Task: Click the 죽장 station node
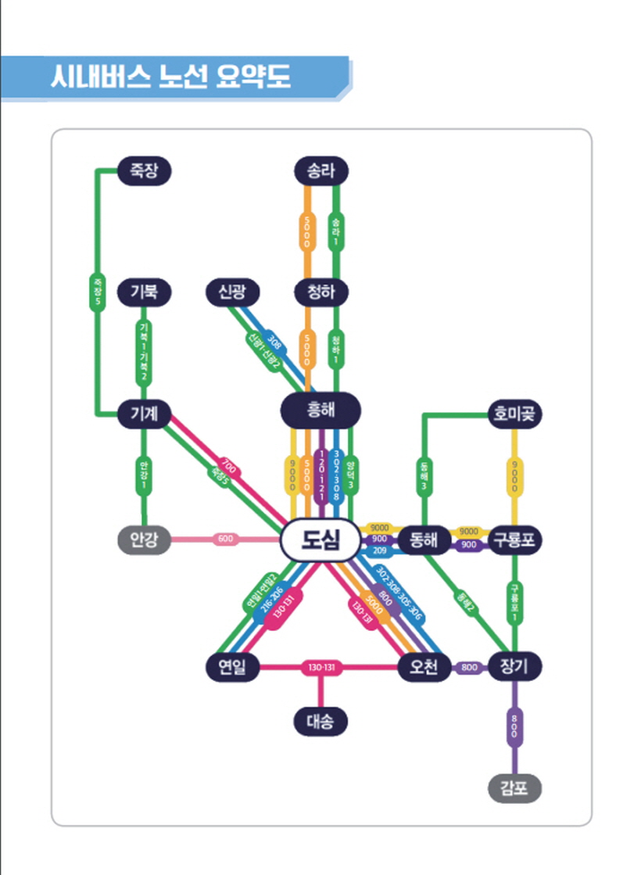(x=144, y=170)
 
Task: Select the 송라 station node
(x=321, y=170)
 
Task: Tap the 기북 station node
(x=144, y=292)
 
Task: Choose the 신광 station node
(x=232, y=292)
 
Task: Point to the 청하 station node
(x=321, y=292)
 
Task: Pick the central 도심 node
(x=320, y=540)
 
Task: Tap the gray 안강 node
(x=144, y=540)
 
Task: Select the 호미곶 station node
(x=514, y=413)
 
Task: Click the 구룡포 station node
(x=514, y=540)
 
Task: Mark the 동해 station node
(x=423, y=540)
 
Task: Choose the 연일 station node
(x=232, y=667)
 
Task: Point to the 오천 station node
(x=423, y=667)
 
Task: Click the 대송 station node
(x=320, y=721)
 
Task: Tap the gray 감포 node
(x=514, y=787)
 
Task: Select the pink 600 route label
(x=225, y=539)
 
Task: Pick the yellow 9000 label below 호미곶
(x=514, y=475)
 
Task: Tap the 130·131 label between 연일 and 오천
(x=321, y=667)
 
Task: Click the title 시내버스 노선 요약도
(x=170, y=78)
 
